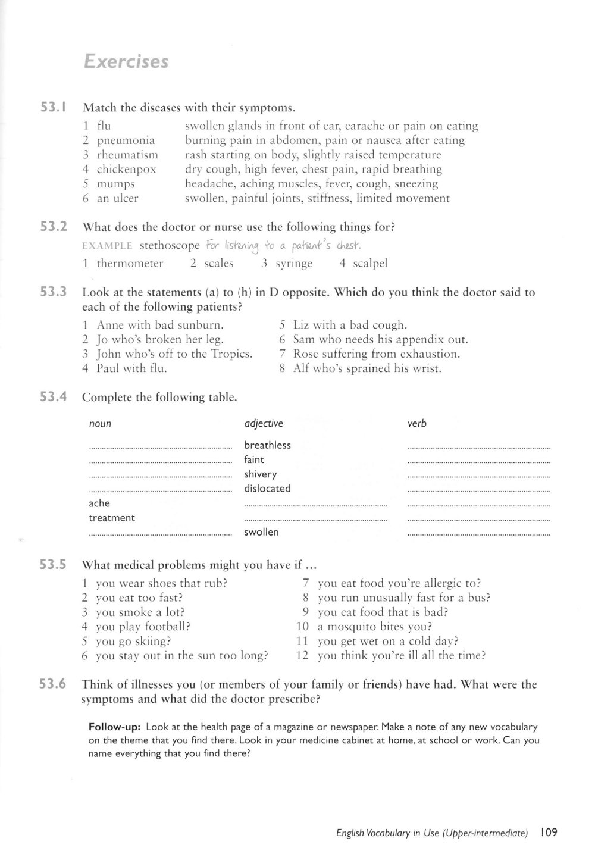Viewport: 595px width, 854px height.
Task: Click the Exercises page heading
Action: tap(126, 62)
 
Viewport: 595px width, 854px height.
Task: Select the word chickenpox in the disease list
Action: tap(126, 170)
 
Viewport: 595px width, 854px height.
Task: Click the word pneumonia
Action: tap(126, 140)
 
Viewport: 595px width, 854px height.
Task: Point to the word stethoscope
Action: tap(170, 246)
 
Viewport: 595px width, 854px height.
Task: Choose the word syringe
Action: tap(294, 263)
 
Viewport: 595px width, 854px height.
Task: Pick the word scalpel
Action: tap(370, 263)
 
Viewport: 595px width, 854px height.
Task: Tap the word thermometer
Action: tap(130, 263)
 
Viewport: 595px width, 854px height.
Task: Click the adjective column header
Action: tap(264, 424)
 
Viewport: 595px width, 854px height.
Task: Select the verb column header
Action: tap(417, 424)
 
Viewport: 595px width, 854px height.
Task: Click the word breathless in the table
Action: tap(267, 445)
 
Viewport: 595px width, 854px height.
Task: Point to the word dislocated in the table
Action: tap(267, 489)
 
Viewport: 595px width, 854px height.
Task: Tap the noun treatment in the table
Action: tap(112, 518)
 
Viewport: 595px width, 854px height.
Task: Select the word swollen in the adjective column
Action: tap(261, 532)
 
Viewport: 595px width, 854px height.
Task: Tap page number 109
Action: tap(549, 833)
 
